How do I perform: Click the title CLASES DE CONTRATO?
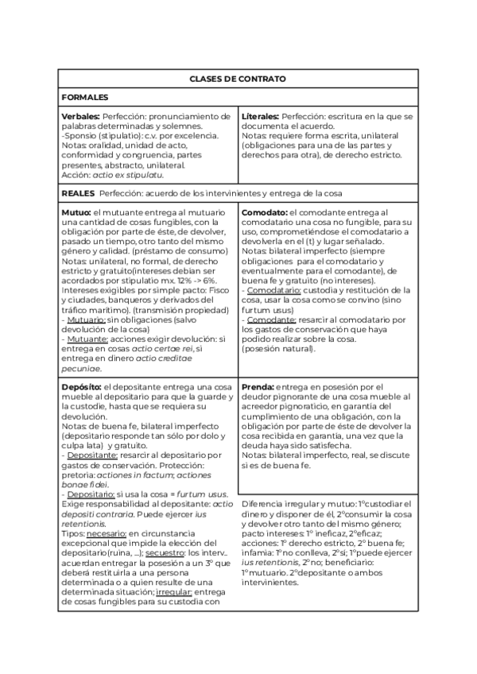click(x=238, y=79)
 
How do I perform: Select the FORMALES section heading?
click(x=85, y=97)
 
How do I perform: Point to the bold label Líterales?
click(x=260, y=117)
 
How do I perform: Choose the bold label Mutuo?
click(x=76, y=213)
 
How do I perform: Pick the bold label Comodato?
click(x=264, y=213)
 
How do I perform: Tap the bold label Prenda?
click(x=258, y=385)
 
